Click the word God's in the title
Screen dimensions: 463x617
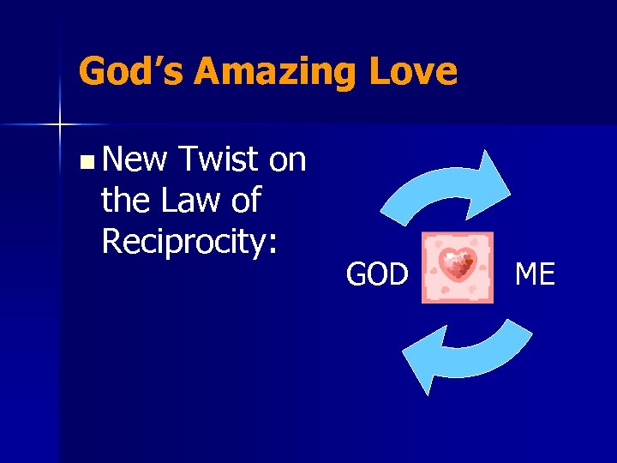[x=130, y=71]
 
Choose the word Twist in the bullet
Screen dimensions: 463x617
[x=219, y=159]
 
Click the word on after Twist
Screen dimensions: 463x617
[x=287, y=159]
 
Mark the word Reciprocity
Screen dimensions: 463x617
[x=184, y=242]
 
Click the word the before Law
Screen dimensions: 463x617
[x=125, y=201]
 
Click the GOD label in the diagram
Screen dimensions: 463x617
[x=377, y=275]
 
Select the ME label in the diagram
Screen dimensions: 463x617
[x=535, y=275]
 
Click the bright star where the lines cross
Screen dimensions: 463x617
[x=60, y=125]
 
